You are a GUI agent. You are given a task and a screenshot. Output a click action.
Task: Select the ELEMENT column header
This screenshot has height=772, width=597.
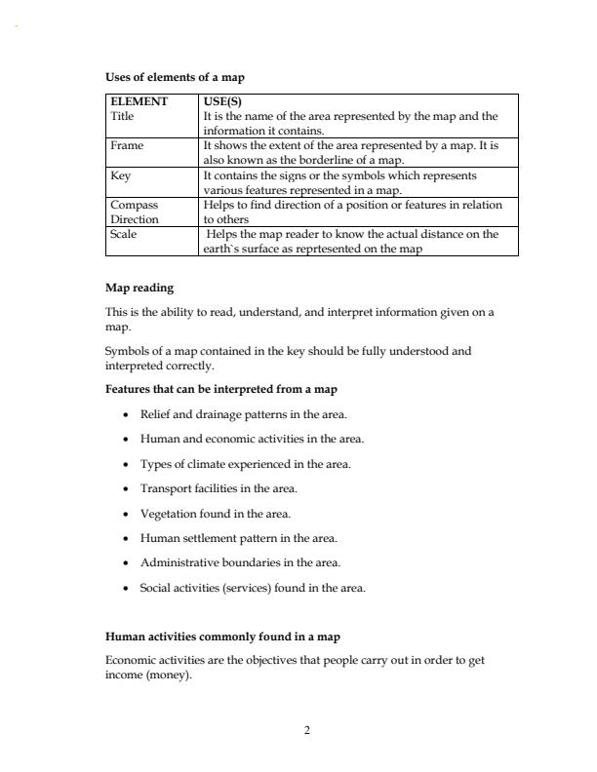[139, 101]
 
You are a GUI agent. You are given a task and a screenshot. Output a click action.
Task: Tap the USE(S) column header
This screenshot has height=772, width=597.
[222, 101]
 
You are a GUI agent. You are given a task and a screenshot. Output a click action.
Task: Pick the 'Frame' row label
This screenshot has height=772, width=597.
[127, 145]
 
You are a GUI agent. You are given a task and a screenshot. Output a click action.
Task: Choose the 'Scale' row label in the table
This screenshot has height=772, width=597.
[123, 234]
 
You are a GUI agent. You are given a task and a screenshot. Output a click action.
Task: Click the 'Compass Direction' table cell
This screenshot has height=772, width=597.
[135, 212]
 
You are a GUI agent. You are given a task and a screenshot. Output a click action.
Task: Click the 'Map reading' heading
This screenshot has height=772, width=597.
[139, 288]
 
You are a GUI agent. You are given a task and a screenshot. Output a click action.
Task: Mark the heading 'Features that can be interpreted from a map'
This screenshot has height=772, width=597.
[221, 389]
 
